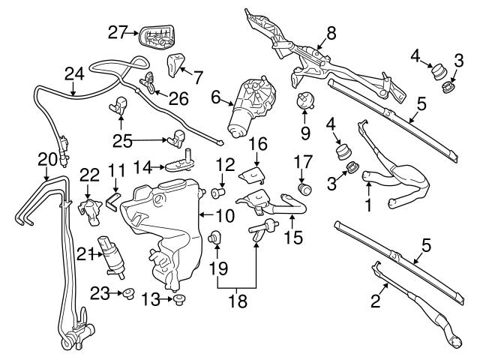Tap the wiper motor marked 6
click(250, 105)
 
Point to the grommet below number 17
click(304, 189)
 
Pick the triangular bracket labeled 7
click(176, 65)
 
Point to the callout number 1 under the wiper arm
click(367, 202)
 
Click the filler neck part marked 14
click(176, 162)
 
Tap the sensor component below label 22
click(90, 209)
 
